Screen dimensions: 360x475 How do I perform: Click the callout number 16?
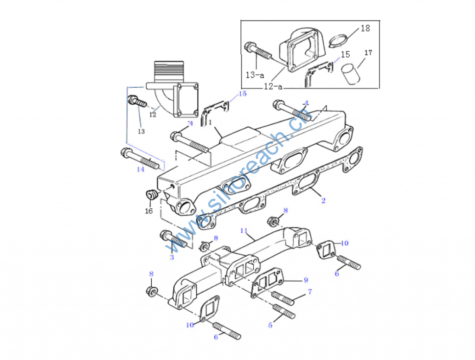click(148, 211)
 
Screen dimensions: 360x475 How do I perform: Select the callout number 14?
click(140, 169)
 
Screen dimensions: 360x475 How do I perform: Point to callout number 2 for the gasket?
click(323, 200)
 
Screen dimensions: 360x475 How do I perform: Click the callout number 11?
click(244, 230)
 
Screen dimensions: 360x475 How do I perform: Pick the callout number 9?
click(306, 280)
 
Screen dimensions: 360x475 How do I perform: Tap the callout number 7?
click(309, 292)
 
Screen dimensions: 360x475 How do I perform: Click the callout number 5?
click(270, 325)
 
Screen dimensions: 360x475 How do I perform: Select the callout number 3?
click(172, 257)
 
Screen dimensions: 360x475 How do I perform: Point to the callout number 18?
click(365, 28)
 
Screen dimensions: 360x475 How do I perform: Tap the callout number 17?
click(368, 53)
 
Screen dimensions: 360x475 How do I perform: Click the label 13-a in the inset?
click(255, 74)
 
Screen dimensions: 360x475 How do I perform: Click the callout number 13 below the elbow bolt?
click(141, 131)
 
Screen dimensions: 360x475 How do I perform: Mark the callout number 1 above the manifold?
click(210, 122)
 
